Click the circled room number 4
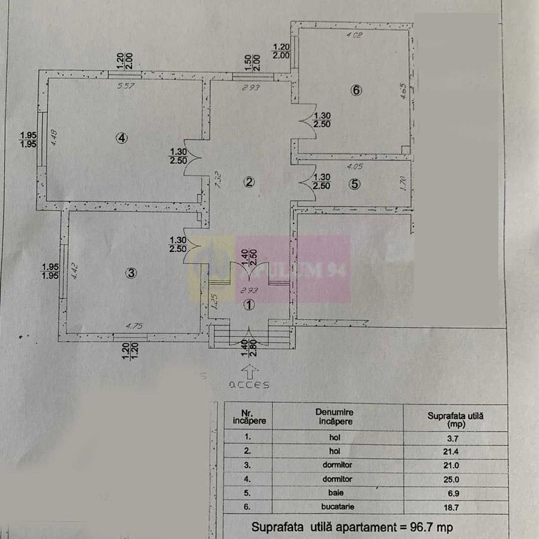[x=122, y=138]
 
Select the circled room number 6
[x=356, y=90]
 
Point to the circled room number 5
[x=355, y=185]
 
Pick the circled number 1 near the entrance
[x=248, y=305]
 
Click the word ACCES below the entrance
[x=248, y=385]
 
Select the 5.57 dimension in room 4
[x=126, y=87]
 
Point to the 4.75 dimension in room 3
[x=134, y=326]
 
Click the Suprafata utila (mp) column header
[x=456, y=418]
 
